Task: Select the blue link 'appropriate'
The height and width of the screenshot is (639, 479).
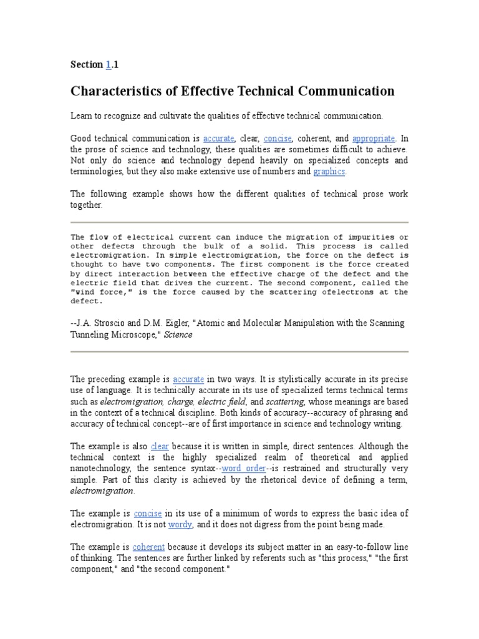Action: coord(374,139)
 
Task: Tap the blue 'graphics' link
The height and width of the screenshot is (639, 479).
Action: coord(329,172)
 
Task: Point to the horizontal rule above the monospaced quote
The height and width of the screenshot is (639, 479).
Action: coord(239,222)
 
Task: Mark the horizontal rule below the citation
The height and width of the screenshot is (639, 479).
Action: coord(239,351)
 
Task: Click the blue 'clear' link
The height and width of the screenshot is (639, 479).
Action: coord(160,446)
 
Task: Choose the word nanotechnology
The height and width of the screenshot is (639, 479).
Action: coord(100,469)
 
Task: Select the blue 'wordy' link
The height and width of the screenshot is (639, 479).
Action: coord(180,525)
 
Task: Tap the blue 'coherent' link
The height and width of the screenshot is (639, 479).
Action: coord(147,547)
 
